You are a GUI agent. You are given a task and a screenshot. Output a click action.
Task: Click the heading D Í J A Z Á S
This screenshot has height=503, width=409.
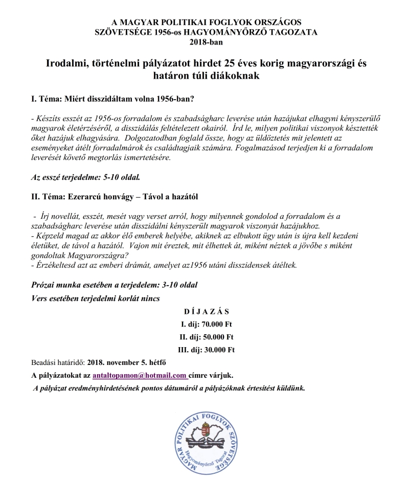[207, 311]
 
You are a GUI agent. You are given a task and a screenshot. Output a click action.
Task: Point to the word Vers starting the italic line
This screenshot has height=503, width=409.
[40, 298]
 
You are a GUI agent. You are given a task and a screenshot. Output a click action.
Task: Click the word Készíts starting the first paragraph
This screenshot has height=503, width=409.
[48, 118]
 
